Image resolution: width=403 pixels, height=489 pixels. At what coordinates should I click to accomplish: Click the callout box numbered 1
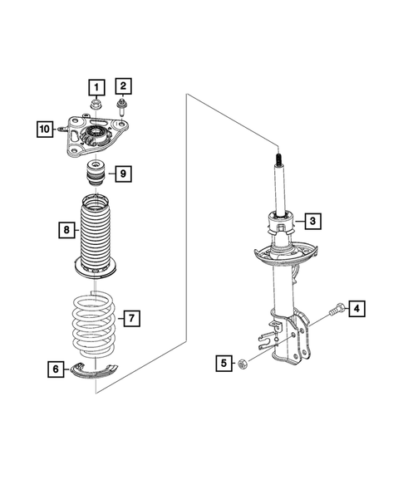[x=96, y=86]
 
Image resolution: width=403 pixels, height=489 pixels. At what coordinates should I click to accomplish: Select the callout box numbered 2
[x=123, y=85]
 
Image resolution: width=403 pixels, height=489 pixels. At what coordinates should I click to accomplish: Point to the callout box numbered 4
[x=356, y=309]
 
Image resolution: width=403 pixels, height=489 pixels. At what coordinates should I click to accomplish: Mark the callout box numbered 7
[x=130, y=317]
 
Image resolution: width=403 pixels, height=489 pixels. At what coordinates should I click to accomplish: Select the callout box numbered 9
[x=121, y=174]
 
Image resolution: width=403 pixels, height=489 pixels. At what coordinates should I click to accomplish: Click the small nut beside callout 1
[x=97, y=105]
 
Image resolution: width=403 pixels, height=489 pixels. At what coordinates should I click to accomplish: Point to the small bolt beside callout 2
[x=123, y=105]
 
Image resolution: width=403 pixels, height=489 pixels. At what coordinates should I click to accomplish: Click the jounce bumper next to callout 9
[x=96, y=177]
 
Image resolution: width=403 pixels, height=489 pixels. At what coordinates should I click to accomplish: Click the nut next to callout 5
[x=242, y=363]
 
